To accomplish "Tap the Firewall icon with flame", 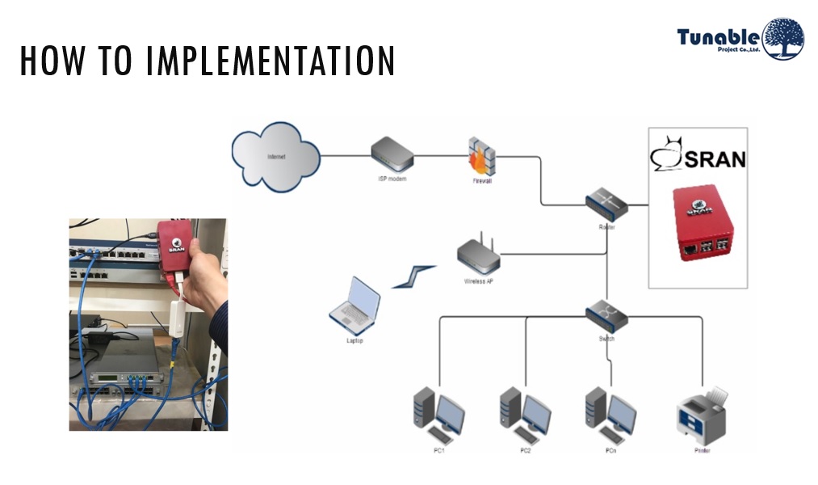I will tap(481, 157).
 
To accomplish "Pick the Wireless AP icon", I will tap(479, 255).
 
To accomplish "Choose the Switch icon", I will tap(606, 314).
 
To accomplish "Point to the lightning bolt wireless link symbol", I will tap(413, 276).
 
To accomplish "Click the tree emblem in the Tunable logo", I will tap(782, 39).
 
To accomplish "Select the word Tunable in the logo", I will tap(718, 36).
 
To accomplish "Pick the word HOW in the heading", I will tap(51, 62).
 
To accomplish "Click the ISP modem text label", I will tap(392, 178).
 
